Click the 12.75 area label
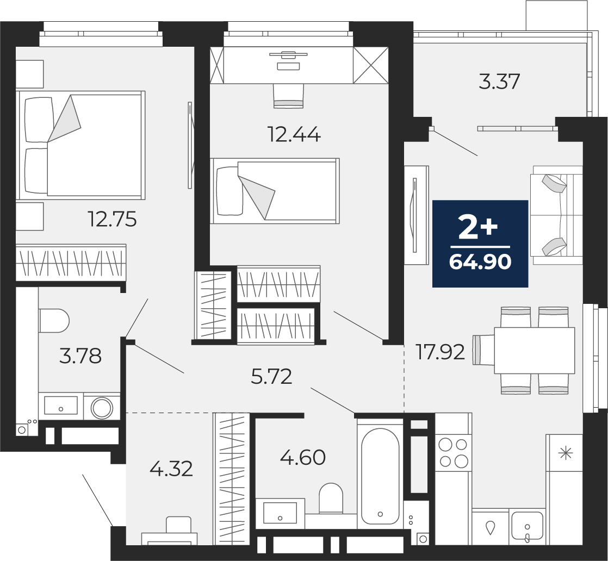[x=113, y=220]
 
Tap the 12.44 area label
[x=294, y=135]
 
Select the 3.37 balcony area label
[x=499, y=82]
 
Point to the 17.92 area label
[x=440, y=352]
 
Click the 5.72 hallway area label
[x=271, y=377]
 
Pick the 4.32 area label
[x=171, y=469]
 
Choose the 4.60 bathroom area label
[x=303, y=458]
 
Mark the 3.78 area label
[x=80, y=356]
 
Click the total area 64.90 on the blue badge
[x=480, y=263]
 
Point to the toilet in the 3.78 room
[x=54, y=321]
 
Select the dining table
[x=535, y=351]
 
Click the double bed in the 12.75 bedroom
[x=80, y=145]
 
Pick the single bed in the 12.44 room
[x=275, y=191]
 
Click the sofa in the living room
[x=556, y=215]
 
